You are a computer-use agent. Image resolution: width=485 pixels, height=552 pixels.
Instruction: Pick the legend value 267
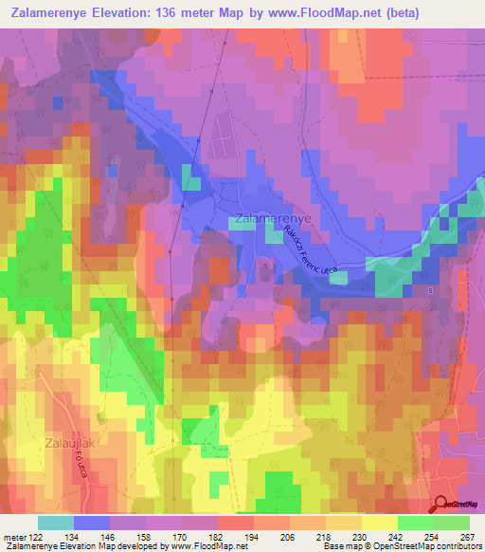pos(467,538)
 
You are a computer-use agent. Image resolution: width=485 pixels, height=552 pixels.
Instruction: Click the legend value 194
pos(253,538)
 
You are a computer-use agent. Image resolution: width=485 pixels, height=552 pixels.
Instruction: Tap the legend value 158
pos(145,538)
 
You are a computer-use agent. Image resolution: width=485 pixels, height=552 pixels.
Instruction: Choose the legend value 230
pos(360,538)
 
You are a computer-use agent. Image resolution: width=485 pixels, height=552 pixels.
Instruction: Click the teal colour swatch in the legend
pos(56,523)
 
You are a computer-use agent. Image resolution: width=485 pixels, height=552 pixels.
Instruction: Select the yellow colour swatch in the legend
pos(379,523)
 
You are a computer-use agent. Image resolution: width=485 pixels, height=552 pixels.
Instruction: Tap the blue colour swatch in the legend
pos(92,523)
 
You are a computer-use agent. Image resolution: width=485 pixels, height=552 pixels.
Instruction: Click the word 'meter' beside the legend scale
pos(13,538)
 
